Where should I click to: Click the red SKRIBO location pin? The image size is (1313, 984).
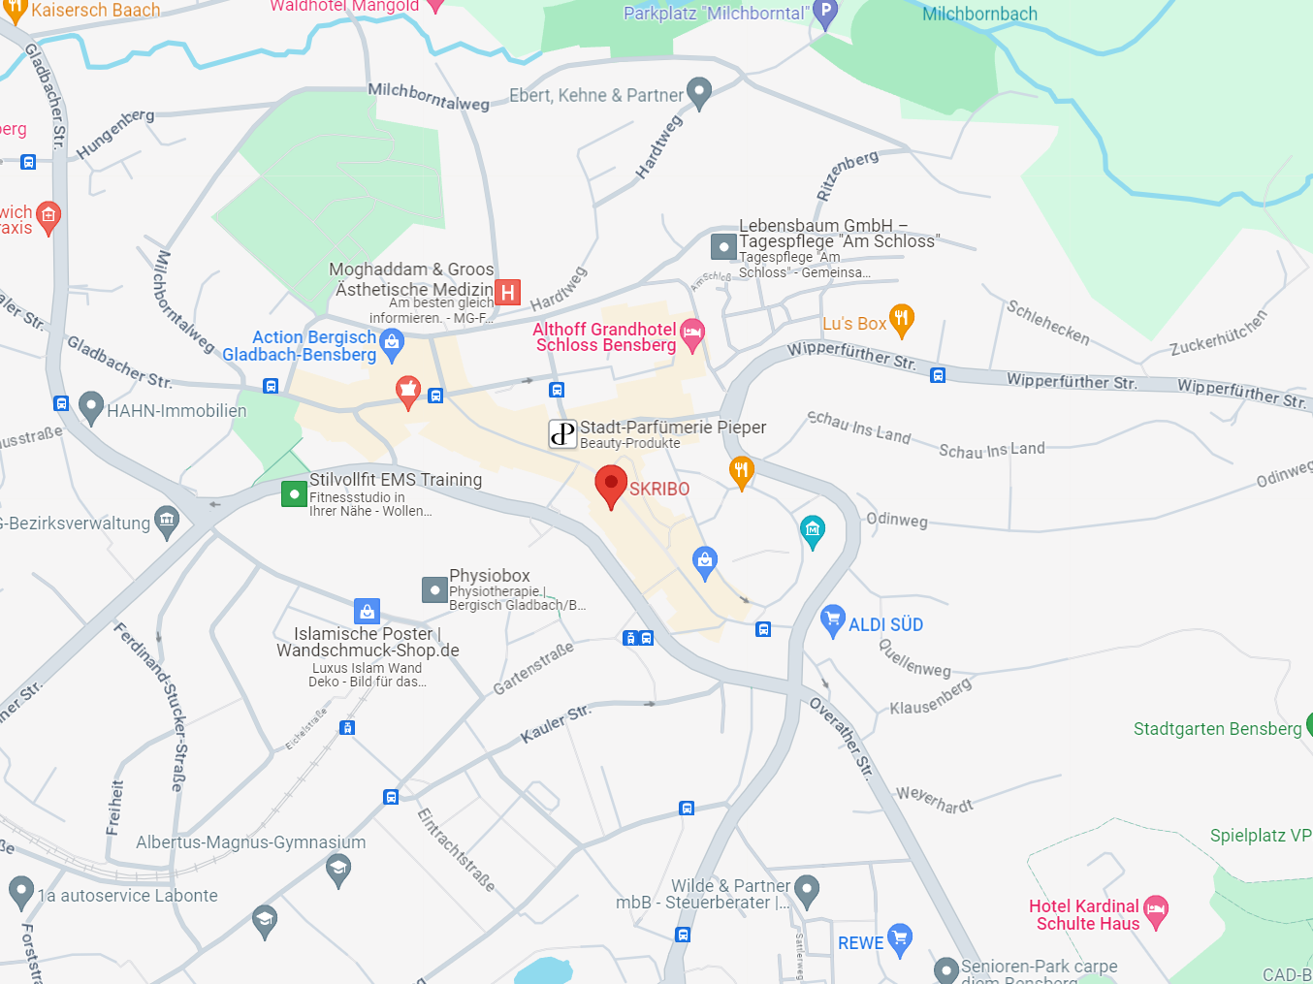[x=610, y=484]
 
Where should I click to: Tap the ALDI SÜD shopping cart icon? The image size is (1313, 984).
[x=832, y=619]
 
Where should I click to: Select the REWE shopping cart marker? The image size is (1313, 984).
[x=900, y=937]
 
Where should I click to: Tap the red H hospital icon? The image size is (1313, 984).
[x=507, y=292]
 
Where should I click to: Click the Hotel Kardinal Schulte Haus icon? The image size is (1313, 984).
[x=1155, y=909]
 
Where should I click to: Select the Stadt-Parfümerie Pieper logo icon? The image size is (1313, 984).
[x=562, y=433]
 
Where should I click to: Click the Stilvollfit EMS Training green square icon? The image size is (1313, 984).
[x=294, y=493]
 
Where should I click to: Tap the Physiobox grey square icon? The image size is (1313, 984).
[x=434, y=589]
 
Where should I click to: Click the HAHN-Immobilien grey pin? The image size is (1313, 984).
[x=91, y=407]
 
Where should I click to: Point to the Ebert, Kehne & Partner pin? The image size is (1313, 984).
[x=698, y=92]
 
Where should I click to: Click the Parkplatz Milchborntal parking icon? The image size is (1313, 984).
[x=824, y=14]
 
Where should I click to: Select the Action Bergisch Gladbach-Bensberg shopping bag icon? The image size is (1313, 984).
[x=392, y=342]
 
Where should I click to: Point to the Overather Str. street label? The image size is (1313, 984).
[x=842, y=737]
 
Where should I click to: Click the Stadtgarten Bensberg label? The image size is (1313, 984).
[x=1217, y=729]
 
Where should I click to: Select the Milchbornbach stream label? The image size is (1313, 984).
[x=979, y=15]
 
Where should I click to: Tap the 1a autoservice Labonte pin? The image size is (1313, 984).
[x=20, y=891]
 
